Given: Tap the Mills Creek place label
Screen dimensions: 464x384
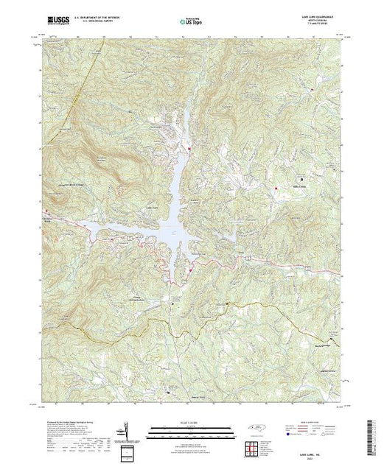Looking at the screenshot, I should pyautogui.click(x=300, y=187).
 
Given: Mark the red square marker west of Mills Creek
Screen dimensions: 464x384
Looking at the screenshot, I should pyautogui.click(x=276, y=189).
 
